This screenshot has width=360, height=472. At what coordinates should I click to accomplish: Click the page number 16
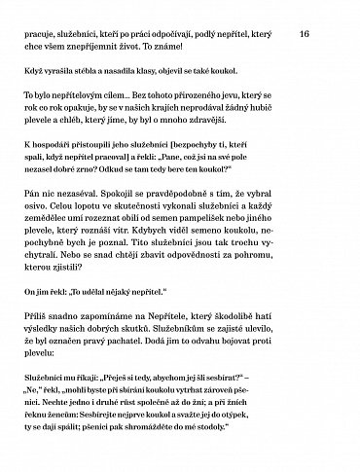coord(304,33)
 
